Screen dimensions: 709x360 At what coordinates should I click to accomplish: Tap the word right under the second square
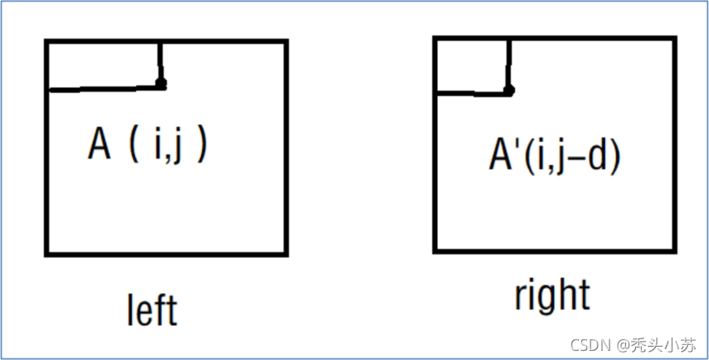[551, 295]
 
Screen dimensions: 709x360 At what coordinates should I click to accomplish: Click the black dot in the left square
[161, 83]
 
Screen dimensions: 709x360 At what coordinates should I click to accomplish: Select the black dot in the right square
[508, 90]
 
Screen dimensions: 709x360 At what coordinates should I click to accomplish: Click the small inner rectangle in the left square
[104, 65]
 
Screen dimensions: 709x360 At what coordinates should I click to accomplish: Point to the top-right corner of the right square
[673, 39]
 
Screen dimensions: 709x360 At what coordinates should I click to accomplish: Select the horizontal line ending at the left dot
[104, 88]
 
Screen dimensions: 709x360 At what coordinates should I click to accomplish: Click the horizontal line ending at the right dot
[471, 93]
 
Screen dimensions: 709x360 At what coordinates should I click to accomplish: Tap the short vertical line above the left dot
[160, 61]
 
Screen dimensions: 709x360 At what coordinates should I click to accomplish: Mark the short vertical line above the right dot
[507, 63]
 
